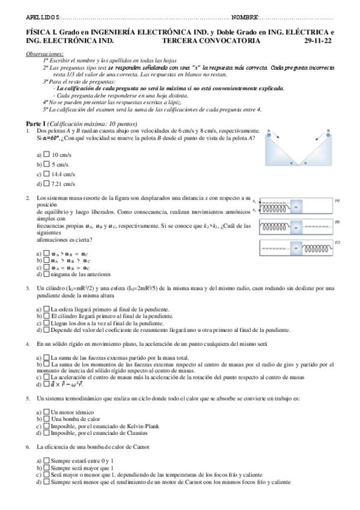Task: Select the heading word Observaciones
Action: pyautogui.click(x=45, y=54)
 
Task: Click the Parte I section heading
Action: pyautogui.click(x=35, y=123)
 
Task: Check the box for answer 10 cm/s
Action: pyautogui.click(x=47, y=155)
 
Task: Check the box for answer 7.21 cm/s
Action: pyautogui.click(x=47, y=183)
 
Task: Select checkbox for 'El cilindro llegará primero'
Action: pyautogui.click(x=47, y=315)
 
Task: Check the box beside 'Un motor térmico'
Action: pyautogui.click(x=47, y=412)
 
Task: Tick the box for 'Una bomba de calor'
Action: pyautogui.click(x=47, y=419)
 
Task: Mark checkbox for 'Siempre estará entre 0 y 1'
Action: pyautogui.click(x=47, y=460)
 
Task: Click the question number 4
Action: pyautogui.click(x=28, y=344)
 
